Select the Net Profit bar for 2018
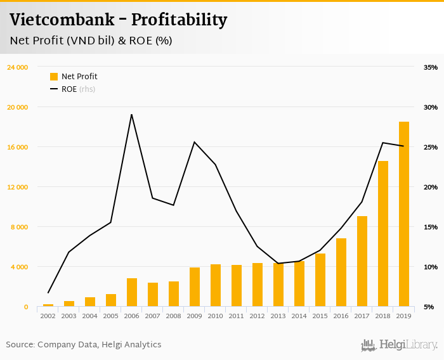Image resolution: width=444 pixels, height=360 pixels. pyautogui.click(x=383, y=234)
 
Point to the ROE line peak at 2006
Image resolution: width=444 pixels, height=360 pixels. pyautogui.click(x=131, y=115)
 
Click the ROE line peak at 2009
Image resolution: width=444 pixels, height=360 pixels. pyautogui.click(x=194, y=142)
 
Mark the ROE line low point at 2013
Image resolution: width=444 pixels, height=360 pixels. pyautogui.click(x=278, y=263)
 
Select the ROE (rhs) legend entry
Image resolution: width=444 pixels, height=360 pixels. pyautogui.click(x=73, y=89)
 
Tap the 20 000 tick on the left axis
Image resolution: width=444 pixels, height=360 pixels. pyautogui.click(x=17, y=107)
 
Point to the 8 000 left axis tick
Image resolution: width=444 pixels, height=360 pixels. pyautogui.click(x=19, y=227)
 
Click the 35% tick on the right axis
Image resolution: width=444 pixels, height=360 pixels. pyautogui.click(x=430, y=67)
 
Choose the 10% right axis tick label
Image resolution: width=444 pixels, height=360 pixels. pyautogui.click(x=430, y=267)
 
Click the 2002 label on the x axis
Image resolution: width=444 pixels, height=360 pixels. pyautogui.click(x=48, y=316)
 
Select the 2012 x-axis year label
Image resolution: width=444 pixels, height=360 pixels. pyautogui.click(x=258, y=316)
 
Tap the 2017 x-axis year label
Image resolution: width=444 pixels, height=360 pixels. pyautogui.click(x=362, y=316)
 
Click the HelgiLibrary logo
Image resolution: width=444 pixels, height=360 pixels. pyautogui.click(x=399, y=345)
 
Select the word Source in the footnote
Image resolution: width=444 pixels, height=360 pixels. pyautogui.click(x=20, y=345)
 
